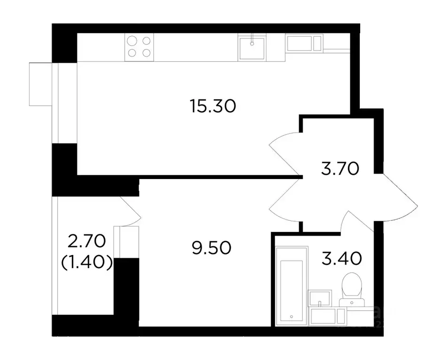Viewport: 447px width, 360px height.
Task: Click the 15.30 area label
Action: point(212,106)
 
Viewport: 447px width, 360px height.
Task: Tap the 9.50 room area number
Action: point(212,247)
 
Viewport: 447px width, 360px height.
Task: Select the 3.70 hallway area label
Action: point(340,167)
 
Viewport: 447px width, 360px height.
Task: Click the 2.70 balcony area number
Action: point(87,242)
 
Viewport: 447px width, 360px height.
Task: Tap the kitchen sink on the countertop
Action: point(253,47)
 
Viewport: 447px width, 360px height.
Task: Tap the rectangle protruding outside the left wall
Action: point(40,84)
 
